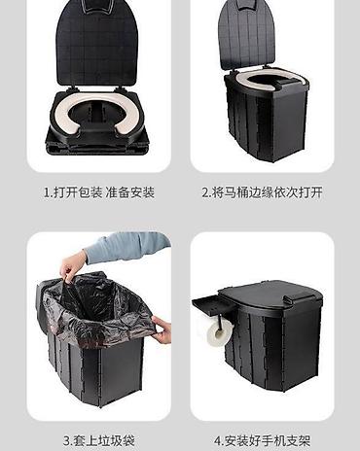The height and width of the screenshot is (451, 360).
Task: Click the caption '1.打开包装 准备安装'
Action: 99,192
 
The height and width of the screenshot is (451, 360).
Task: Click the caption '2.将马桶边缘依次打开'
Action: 262,192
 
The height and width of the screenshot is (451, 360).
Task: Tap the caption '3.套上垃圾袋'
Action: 99,440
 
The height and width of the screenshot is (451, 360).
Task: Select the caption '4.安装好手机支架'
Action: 262,440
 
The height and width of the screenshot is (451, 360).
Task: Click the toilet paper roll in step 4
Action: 220,333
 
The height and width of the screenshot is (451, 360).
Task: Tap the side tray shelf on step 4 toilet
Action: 209,304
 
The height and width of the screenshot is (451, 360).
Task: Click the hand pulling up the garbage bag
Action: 72,267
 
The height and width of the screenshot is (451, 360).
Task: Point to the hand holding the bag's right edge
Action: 162,329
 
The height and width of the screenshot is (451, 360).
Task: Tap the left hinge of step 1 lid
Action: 74,87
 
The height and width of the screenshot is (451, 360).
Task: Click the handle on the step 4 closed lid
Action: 300,295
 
